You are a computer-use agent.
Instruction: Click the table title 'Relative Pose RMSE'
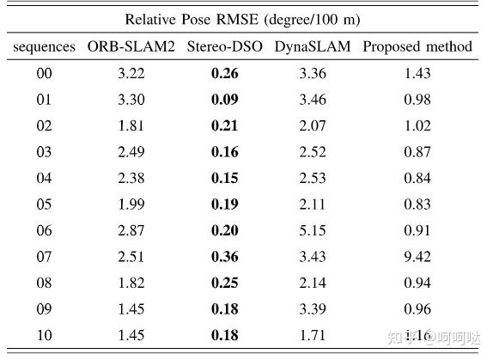241,18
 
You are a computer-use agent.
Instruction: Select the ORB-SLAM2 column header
131,46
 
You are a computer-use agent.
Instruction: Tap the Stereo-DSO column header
224,46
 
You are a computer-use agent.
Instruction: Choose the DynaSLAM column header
313,46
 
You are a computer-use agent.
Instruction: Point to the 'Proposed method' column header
417,46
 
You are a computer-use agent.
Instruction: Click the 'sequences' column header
44,46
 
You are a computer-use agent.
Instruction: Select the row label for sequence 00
44,74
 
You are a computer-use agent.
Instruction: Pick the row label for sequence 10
44,335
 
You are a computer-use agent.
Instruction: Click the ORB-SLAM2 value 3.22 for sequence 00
131,74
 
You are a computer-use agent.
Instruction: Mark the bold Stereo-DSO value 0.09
225,100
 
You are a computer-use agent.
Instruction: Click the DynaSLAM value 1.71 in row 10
313,335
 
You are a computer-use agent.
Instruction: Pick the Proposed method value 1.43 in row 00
417,74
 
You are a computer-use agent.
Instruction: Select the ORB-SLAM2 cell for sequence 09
131,309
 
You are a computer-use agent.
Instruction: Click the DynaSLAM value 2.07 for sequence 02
313,126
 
